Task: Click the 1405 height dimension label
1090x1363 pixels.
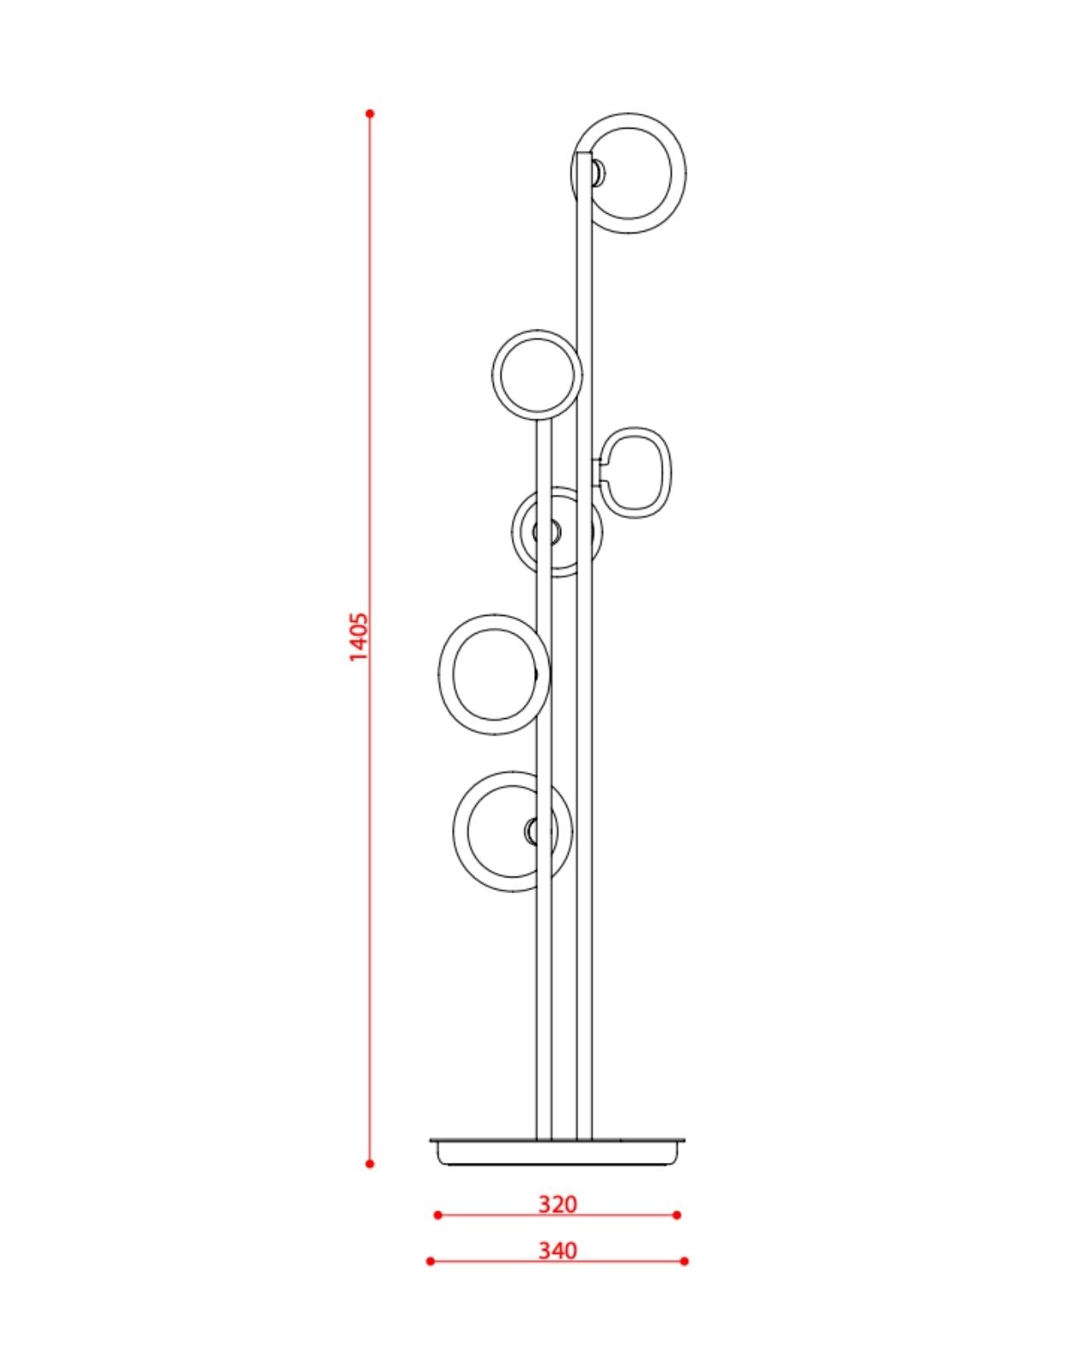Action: [x=359, y=635]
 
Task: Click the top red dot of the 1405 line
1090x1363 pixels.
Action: [x=370, y=113]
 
